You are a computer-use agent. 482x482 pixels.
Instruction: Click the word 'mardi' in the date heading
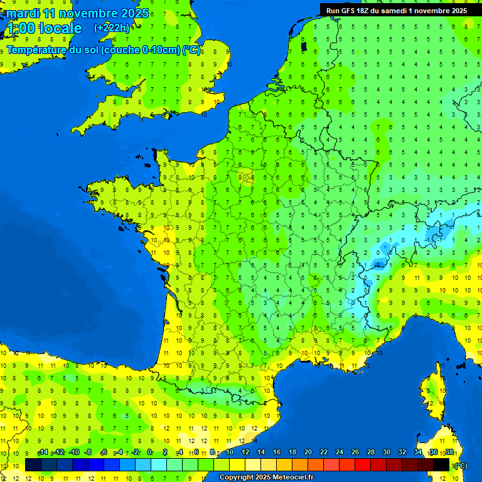[x=23, y=13]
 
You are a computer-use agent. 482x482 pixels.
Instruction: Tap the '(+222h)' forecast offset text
[x=112, y=28]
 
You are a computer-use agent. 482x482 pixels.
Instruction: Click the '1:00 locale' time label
[x=43, y=28]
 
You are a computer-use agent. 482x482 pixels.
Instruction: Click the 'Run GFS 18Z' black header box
[x=396, y=10]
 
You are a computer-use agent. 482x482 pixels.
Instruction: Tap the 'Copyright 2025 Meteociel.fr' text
[x=266, y=478]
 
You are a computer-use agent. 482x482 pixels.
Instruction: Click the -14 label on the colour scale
[x=43, y=453]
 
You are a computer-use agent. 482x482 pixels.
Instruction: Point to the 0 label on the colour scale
[x=149, y=453]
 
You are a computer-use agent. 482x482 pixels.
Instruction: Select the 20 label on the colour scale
[x=308, y=453]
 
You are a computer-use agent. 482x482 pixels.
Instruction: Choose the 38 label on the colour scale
[x=449, y=453]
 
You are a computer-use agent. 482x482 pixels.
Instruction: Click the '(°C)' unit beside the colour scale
[x=460, y=465]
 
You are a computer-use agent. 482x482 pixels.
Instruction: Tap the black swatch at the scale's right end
[x=442, y=464]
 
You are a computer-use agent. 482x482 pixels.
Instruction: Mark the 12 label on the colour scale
[x=245, y=453]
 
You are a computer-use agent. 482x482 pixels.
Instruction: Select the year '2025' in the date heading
[x=134, y=13]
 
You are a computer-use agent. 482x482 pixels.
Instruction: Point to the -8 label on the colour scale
[x=88, y=453]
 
